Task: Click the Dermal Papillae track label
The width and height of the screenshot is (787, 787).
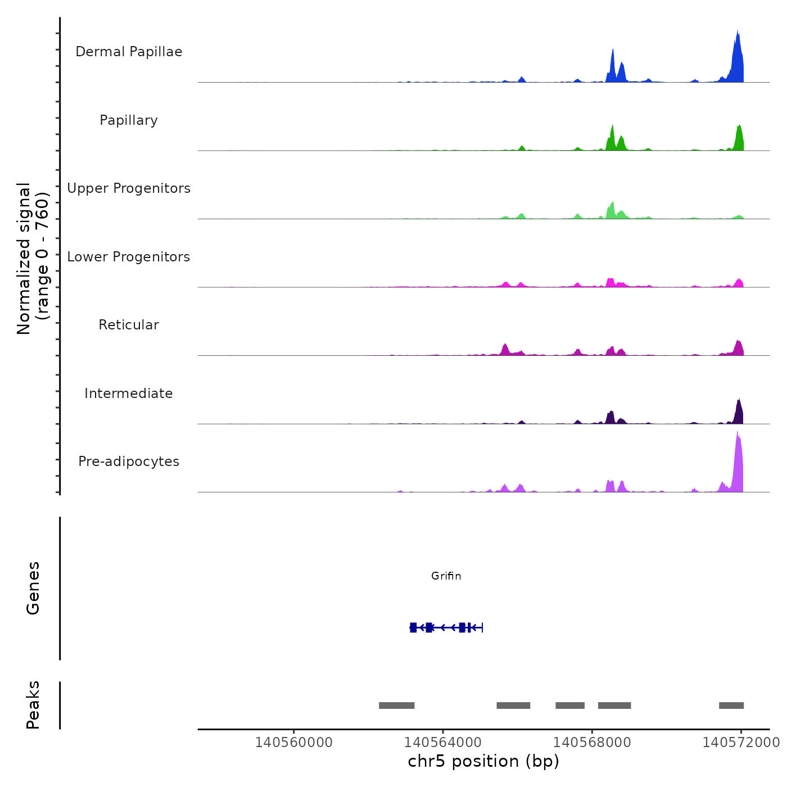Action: [x=129, y=52]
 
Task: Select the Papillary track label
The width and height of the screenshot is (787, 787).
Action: [x=129, y=120]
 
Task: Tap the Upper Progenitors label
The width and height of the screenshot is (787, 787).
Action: [x=129, y=188]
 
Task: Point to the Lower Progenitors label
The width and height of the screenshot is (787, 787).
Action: [x=129, y=257]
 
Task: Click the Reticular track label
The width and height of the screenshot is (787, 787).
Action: [x=129, y=325]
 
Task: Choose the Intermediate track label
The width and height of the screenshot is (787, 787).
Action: [x=129, y=393]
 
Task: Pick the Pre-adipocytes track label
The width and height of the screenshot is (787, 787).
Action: [x=129, y=462]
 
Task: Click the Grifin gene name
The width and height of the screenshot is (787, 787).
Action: [x=446, y=576]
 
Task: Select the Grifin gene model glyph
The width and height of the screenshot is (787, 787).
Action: [x=446, y=627]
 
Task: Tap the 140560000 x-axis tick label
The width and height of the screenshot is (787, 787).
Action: [x=293, y=743]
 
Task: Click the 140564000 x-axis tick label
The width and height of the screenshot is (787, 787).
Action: [x=442, y=743]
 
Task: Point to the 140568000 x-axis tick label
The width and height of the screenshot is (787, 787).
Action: [x=592, y=743]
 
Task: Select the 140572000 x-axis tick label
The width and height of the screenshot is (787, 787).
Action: [x=741, y=743]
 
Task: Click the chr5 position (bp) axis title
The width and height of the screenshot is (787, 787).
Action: [x=483, y=761]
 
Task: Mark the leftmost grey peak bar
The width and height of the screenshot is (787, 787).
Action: [x=396, y=705]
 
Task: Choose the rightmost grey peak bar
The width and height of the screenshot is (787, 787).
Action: [x=731, y=705]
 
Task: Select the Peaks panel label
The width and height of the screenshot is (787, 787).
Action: [x=33, y=705]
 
